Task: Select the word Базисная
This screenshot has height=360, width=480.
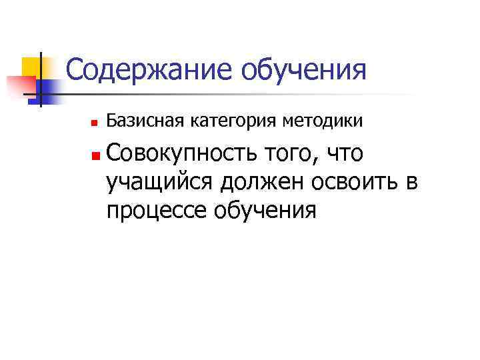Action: click(x=137, y=121)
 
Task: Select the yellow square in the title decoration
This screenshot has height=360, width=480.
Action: click(x=32, y=67)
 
